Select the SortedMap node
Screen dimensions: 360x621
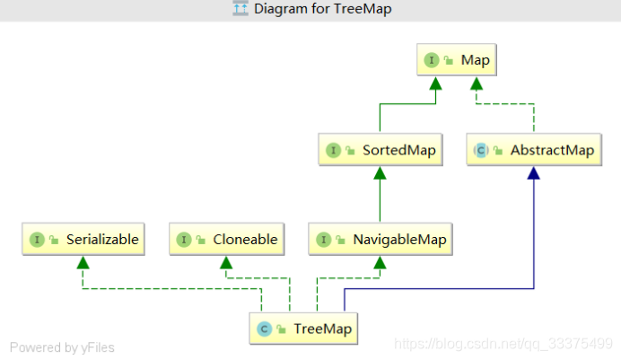tap(381, 150)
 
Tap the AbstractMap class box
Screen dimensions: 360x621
tap(533, 150)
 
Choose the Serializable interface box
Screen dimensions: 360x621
tap(83, 240)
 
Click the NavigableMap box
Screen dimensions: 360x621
tap(380, 240)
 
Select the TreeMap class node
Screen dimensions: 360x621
tap(303, 329)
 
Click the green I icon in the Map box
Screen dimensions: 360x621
tap(432, 61)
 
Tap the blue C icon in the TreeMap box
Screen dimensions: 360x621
tap(264, 329)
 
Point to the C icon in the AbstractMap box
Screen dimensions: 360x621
tap(481, 150)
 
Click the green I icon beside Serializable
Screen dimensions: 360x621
tap(37, 240)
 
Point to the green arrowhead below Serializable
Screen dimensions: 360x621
tap(83, 262)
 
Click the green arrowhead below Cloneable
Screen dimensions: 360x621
tap(226, 262)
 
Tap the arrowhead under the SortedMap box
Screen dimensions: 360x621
tap(380, 172)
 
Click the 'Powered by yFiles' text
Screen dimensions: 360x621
tap(62, 347)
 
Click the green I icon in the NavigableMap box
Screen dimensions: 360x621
tap(324, 240)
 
